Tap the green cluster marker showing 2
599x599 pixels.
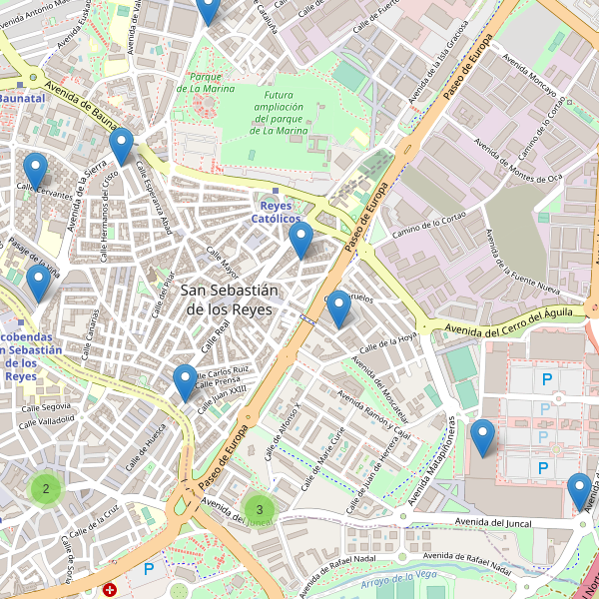click(46, 489)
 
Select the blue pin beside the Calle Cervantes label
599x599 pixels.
click(36, 172)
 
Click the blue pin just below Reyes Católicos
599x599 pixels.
click(300, 241)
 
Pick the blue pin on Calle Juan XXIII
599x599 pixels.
click(185, 383)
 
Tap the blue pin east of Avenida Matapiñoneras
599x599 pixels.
click(483, 438)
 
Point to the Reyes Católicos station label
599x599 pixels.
click(275, 211)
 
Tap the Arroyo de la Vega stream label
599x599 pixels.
click(399, 576)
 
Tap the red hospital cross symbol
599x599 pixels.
click(110, 590)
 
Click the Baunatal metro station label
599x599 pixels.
click(22, 99)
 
